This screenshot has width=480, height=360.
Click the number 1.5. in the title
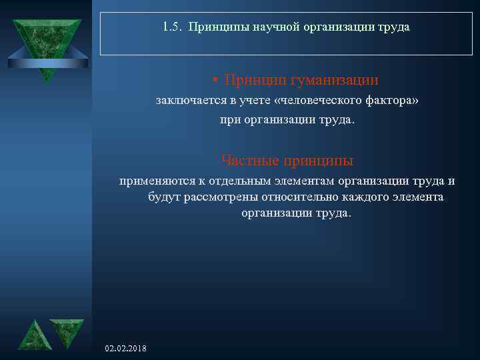(x=173, y=28)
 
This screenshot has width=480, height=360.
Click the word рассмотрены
(x=215, y=197)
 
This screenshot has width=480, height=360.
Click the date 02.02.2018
(x=127, y=349)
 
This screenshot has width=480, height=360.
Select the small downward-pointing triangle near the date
(x=67, y=331)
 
